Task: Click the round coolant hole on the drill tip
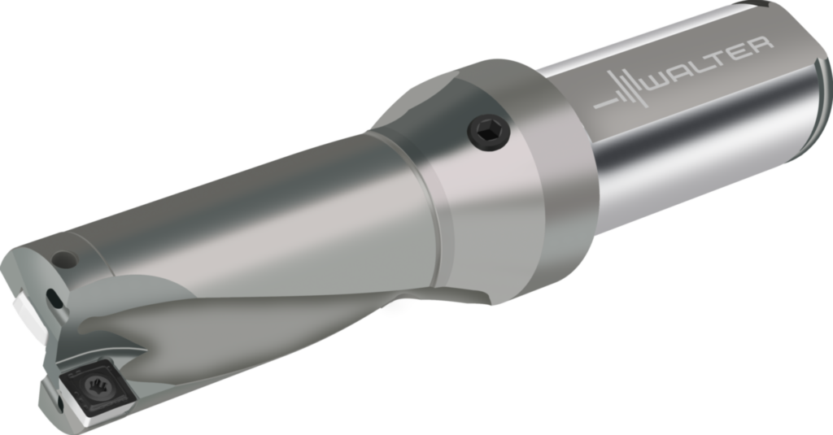click(x=65, y=260)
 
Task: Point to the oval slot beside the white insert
click(x=54, y=298)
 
